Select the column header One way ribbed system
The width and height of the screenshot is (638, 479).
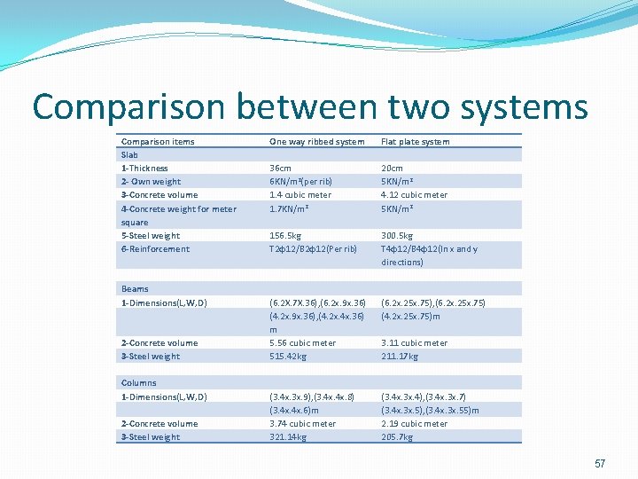316,141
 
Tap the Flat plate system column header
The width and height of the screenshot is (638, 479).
415,141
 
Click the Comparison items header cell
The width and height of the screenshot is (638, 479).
158,141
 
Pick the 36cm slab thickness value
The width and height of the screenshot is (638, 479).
281,168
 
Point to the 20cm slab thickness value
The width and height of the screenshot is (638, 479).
392,168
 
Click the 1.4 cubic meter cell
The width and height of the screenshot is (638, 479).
300,194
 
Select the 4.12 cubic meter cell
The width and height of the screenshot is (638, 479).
414,194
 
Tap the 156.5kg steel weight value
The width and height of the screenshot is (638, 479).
285,235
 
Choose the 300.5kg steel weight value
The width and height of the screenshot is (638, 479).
397,235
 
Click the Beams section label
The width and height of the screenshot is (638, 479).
135,288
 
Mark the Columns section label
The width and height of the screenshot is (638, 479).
138,382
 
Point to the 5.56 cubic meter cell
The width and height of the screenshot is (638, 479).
302,342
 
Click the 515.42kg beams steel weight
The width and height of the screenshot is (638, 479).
288,356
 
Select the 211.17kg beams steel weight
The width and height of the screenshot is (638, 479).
399,356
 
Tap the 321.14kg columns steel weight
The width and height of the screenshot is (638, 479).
288,436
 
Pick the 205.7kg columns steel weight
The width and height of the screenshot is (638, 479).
396,436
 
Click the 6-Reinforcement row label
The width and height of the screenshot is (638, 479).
155,248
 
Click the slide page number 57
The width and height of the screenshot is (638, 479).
600,464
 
